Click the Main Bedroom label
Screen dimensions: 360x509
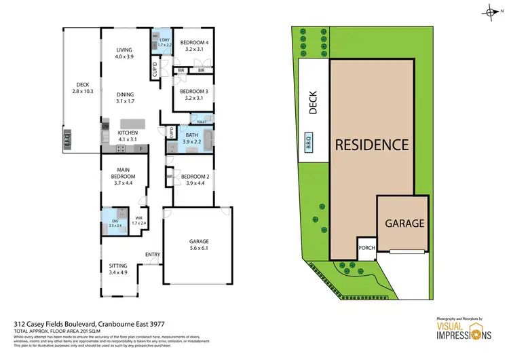point(124,174)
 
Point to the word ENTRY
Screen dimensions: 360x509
point(153,255)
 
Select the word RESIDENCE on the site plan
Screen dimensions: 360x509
point(371,145)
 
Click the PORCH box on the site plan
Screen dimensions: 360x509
point(366,248)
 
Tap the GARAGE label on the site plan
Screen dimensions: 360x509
point(404,223)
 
